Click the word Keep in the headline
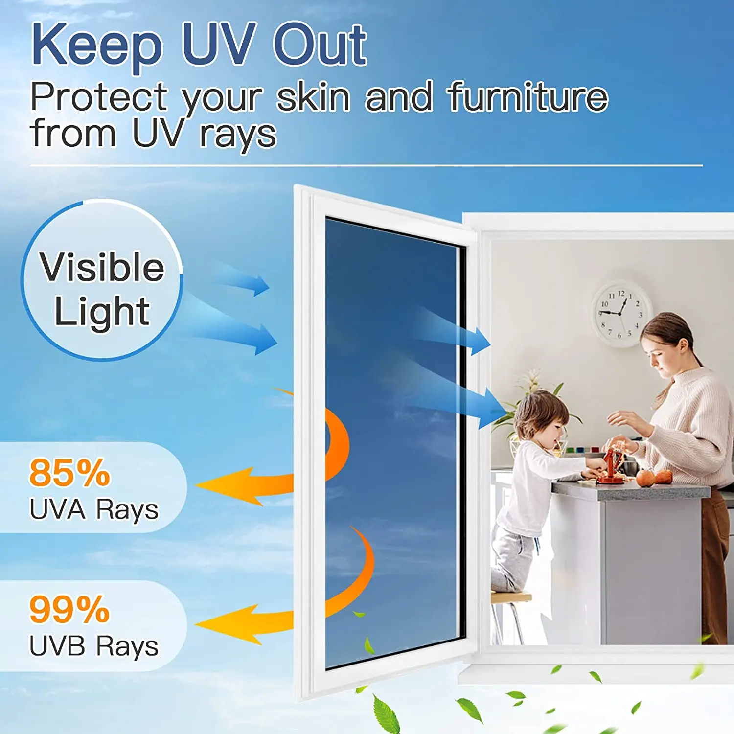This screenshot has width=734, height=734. click(97, 46)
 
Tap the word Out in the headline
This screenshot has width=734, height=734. click(320, 46)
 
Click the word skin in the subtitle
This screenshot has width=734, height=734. click(313, 97)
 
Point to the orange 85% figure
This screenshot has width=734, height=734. click(70, 473)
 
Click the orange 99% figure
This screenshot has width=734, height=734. click(70, 610)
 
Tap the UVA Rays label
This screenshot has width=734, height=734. click(94, 509)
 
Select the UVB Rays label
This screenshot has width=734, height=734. click(94, 646)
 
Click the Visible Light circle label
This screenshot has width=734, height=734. click(102, 289)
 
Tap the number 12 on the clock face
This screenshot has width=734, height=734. click(621, 294)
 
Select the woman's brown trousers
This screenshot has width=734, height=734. click(714, 563)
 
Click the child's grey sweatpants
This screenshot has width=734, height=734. click(511, 558)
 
